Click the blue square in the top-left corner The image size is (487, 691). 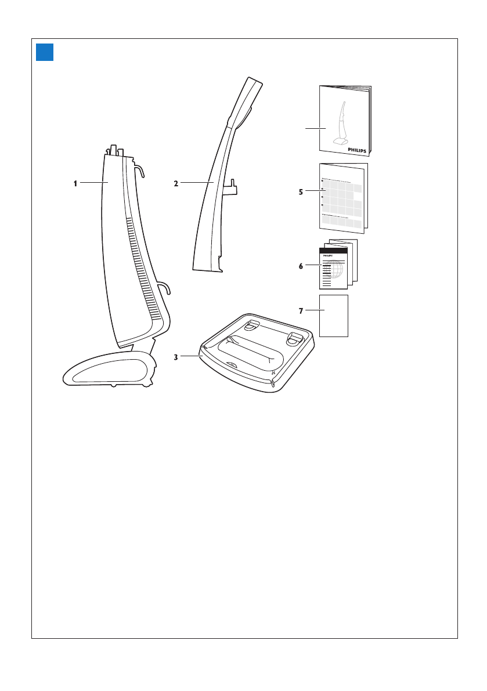45,52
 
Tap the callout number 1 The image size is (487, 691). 75,183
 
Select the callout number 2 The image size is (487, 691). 175,183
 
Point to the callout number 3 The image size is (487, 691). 175,357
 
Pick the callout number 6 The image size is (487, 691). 301,266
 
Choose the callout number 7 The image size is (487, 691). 301,311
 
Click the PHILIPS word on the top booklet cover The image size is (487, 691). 357,149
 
